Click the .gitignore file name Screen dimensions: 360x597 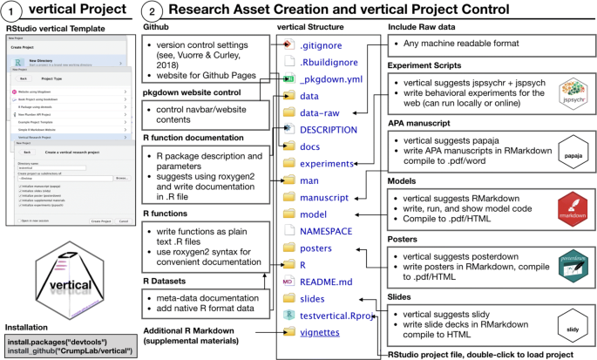pyautogui.click(x=319, y=44)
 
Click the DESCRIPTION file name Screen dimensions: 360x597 pyautogui.click(x=329, y=129)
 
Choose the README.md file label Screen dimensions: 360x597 pyautogui.click(x=325, y=281)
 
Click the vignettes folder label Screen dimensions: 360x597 pyautogui.click(x=320, y=332)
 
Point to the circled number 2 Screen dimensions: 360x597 pyautogui.click(x=152, y=13)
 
